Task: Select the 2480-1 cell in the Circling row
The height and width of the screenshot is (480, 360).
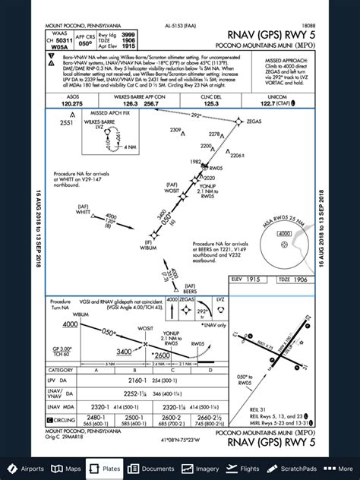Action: (74, 418)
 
